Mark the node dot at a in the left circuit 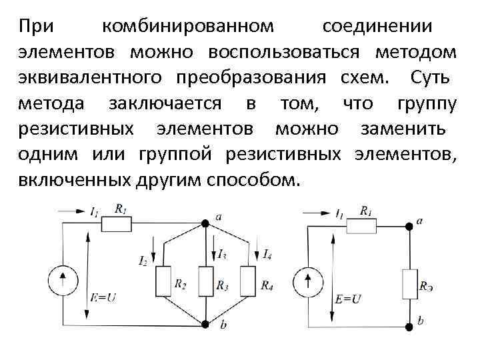pyautogui.click(x=205, y=224)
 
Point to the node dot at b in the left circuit pyautogui.click(x=205, y=325)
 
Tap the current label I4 pyautogui.click(x=267, y=254)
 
